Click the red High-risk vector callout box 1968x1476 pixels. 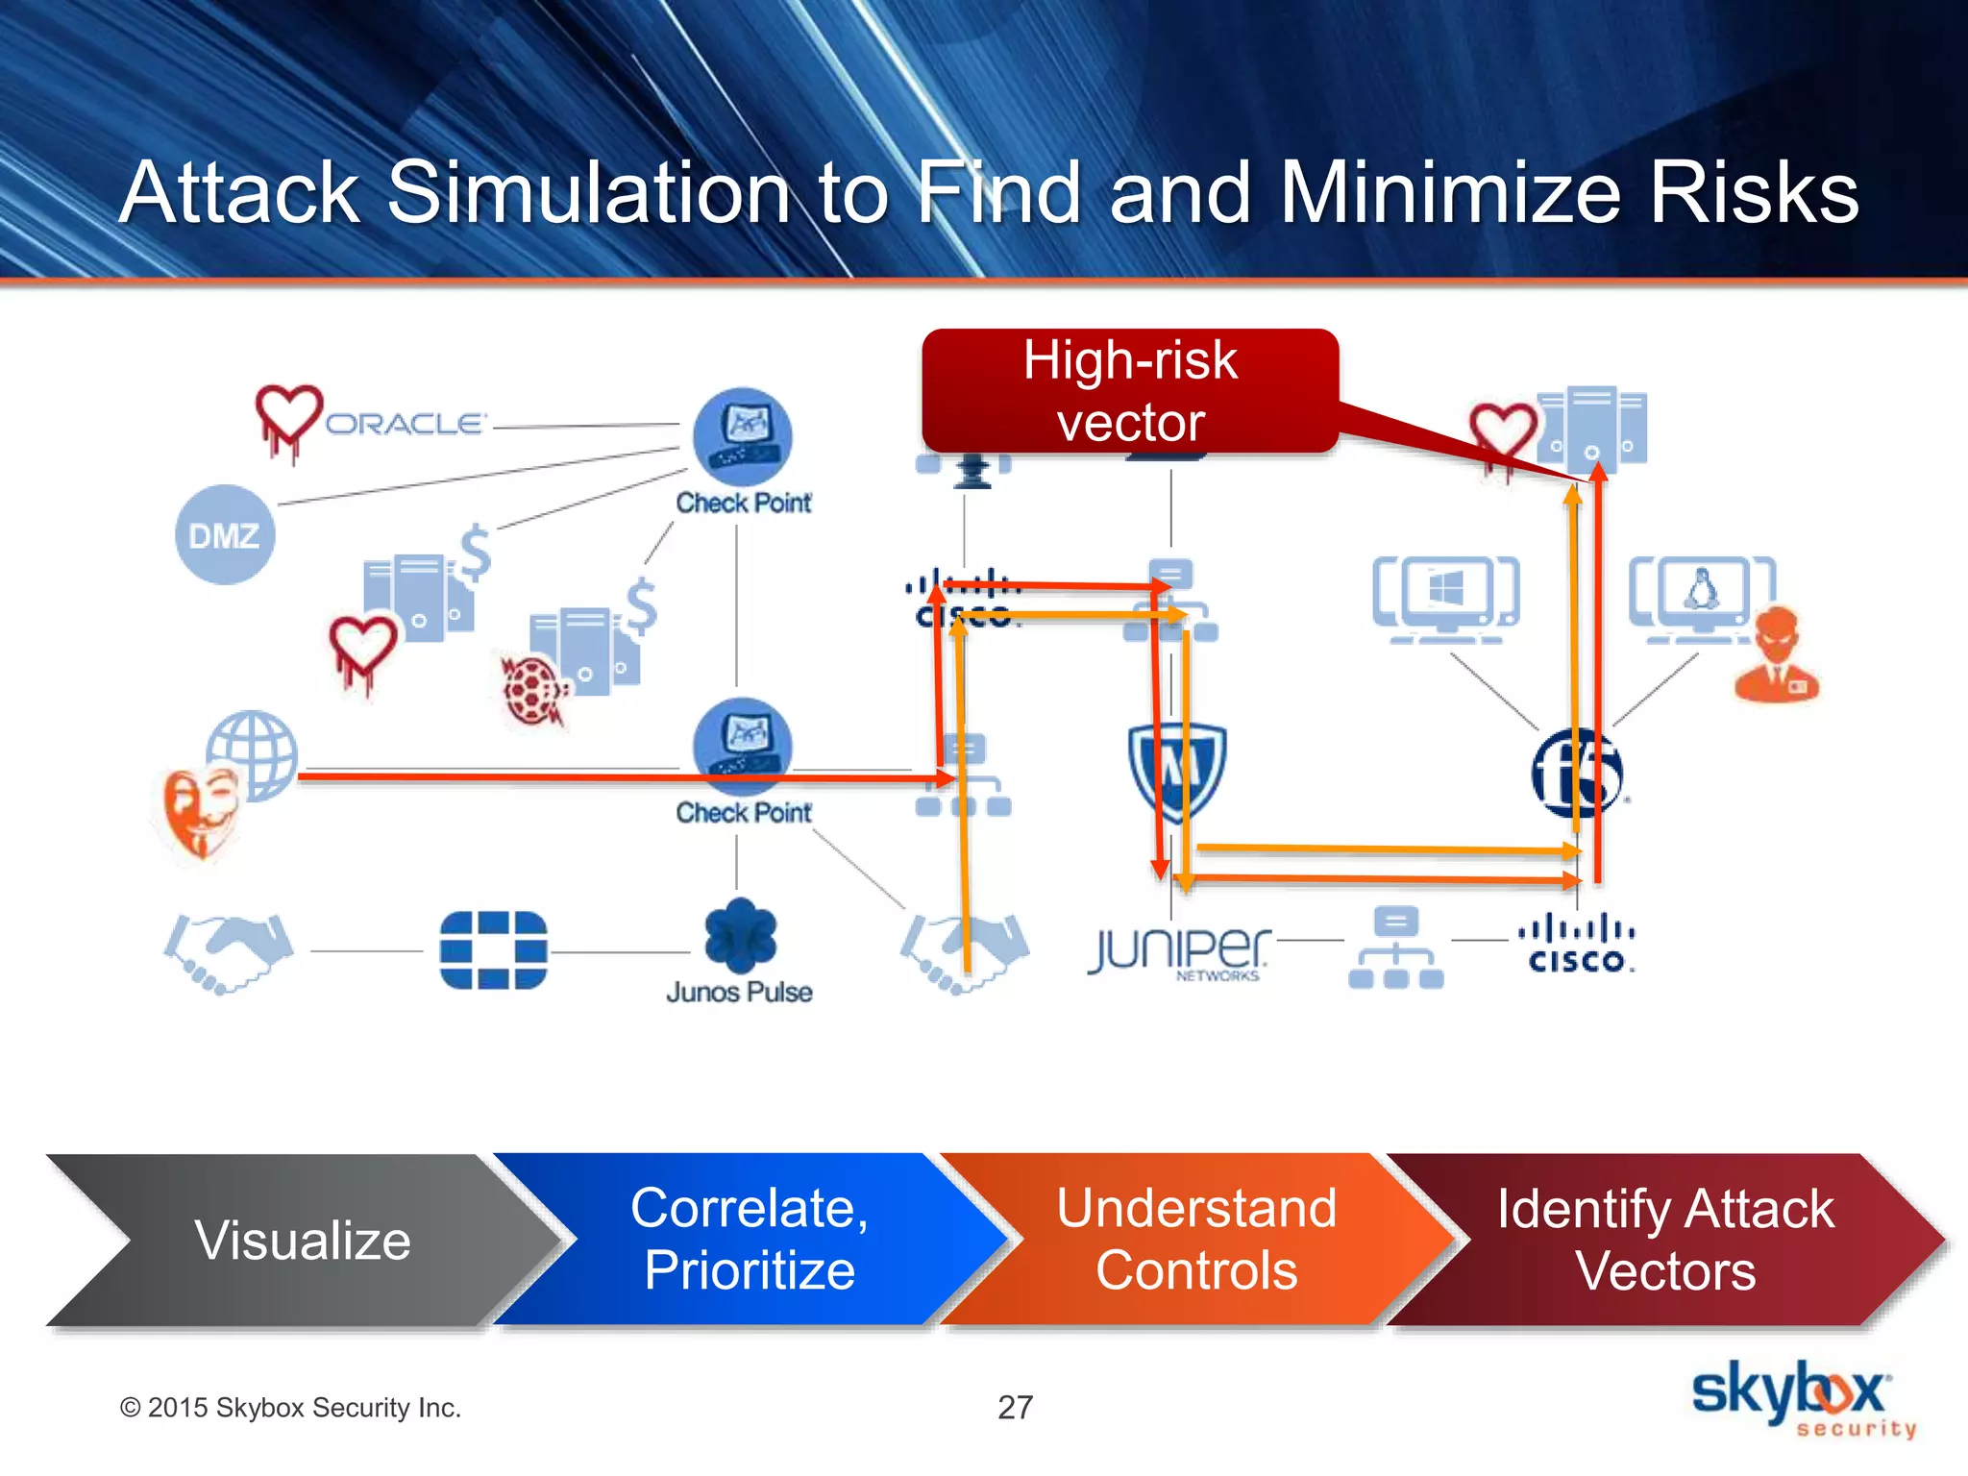click(x=1130, y=391)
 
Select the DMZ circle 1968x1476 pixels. click(x=225, y=534)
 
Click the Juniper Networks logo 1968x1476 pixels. click(x=1179, y=951)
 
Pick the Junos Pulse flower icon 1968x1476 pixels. click(x=739, y=935)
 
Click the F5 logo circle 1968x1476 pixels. click(x=1576, y=774)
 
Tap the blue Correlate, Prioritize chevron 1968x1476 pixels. click(x=750, y=1240)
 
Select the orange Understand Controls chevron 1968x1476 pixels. click(x=1196, y=1240)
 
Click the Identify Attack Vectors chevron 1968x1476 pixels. click(x=1664, y=1240)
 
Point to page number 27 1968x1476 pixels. click(x=1015, y=1408)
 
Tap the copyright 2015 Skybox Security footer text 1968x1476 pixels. click(x=290, y=1408)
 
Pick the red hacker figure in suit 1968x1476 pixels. click(x=1777, y=655)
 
